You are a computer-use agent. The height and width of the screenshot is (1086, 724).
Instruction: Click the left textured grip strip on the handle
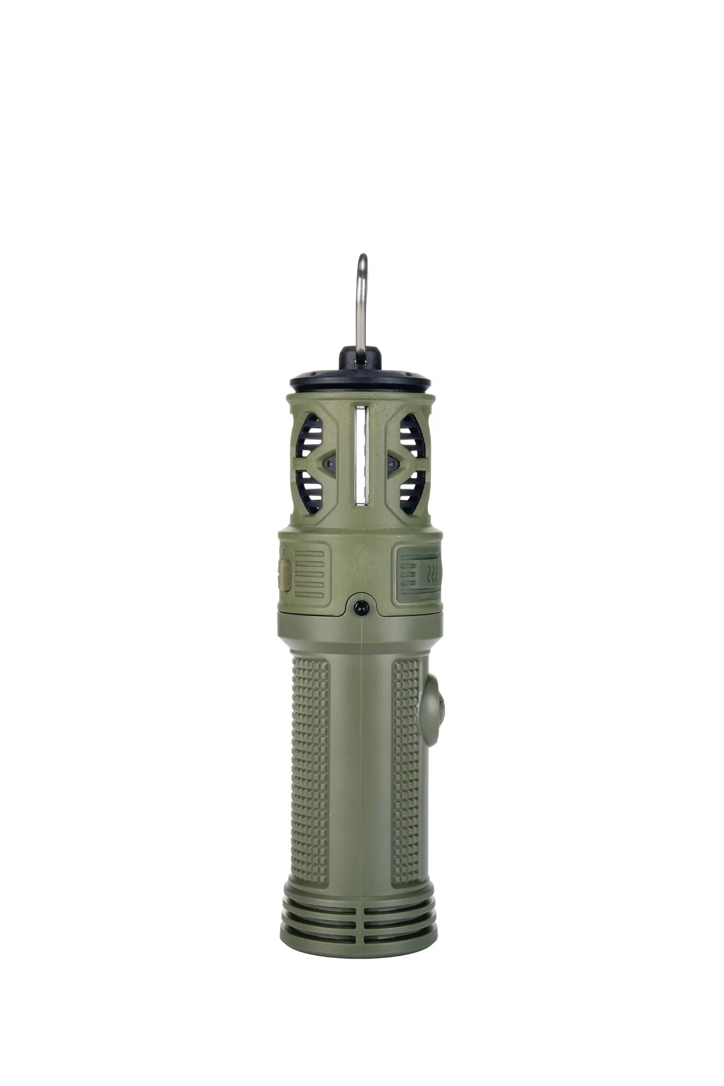[310, 760]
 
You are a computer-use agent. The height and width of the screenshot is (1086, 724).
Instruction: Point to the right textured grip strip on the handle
[406, 760]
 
